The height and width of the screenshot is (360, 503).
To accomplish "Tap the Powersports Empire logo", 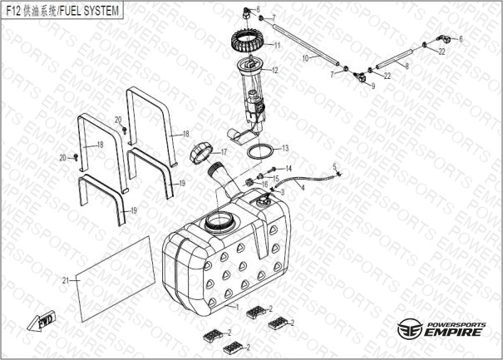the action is [x=441, y=328].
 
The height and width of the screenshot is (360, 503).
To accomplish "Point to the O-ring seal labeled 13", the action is [x=260, y=150].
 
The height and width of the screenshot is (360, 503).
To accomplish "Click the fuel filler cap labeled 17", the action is [x=200, y=155].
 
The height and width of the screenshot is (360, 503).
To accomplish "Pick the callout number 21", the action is [x=66, y=281].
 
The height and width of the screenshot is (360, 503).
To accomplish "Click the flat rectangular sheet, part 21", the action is [x=116, y=279].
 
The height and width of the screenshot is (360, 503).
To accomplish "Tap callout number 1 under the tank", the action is [x=238, y=307].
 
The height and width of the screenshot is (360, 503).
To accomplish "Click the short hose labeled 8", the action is [x=397, y=57].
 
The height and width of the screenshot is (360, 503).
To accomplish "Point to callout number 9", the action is [x=372, y=86].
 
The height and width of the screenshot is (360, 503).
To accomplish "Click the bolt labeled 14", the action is [x=274, y=169].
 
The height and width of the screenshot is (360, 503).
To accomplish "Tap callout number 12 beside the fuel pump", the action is [x=274, y=71].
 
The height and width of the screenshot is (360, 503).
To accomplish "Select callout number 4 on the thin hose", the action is [x=303, y=188].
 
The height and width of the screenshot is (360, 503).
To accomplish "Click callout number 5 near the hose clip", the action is [x=334, y=166].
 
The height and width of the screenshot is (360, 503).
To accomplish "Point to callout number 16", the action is [x=264, y=185].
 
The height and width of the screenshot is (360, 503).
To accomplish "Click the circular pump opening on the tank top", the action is [x=218, y=221].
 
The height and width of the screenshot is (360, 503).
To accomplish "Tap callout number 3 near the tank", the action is [x=283, y=192].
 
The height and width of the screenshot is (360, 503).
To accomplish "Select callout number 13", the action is [x=285, y=148].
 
